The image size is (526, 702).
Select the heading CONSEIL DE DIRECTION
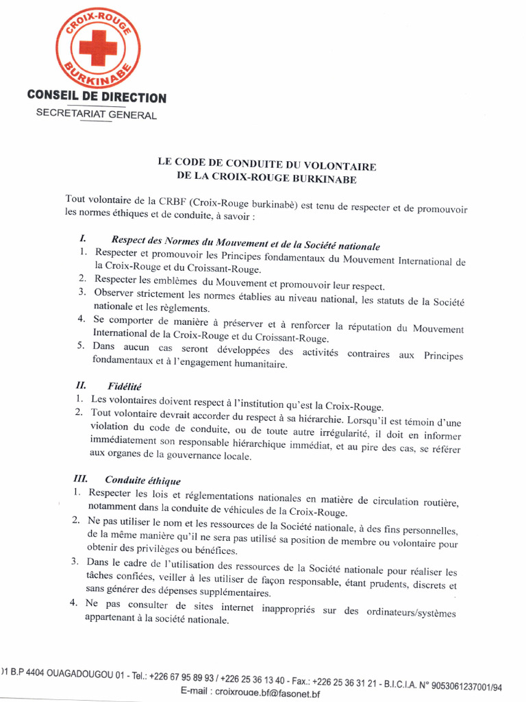[x=97, y=97]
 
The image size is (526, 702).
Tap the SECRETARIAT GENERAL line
[x=97, y=114]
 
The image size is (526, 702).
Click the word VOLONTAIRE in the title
[x=340, y=167]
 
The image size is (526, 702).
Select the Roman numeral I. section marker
[x=82, y=239]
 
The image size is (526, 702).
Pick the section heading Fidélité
[x=124, y=387]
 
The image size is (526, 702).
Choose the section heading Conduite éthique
[x=142, y=481]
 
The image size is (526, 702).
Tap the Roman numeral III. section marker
[x=80, y=479]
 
